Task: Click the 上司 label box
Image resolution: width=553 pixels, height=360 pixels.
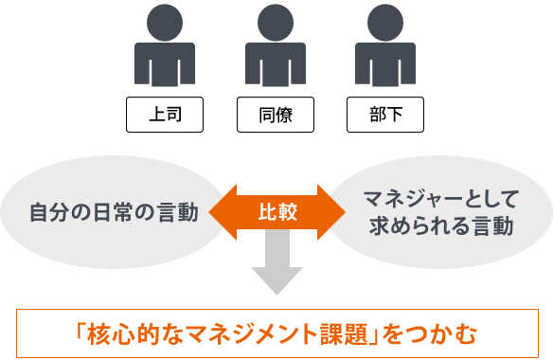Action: (166, 116)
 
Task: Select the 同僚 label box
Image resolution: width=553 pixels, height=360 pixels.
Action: (276, 116)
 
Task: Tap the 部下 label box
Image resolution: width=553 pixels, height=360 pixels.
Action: (385, 116)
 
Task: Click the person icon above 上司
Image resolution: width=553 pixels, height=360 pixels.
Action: (166, 52)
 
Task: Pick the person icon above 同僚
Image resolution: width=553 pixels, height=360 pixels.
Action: (276, 52)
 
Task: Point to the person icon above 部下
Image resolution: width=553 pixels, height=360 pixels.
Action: (385, 52)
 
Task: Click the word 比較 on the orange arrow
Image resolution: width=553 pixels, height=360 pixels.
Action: (276, 210)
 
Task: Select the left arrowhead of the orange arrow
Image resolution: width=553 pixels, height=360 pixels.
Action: (220, 210)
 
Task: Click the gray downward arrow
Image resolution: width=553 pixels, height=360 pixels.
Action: (276, 265)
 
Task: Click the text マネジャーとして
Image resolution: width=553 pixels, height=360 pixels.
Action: (441, 199)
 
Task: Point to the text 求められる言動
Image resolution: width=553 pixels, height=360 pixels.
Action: (441, 227)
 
